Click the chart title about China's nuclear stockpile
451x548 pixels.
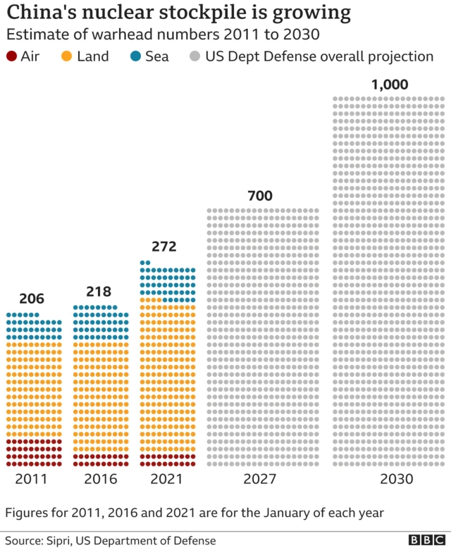179,13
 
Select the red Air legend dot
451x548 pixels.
11,56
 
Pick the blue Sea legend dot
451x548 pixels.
135,56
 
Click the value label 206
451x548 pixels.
32,299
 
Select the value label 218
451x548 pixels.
99,292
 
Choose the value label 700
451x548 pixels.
260,195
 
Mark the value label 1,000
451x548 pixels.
390,85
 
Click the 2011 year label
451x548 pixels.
32,479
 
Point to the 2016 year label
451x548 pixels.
100,479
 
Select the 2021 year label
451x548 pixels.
166,479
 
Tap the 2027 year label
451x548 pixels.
261,479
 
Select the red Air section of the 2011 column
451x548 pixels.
34,452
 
